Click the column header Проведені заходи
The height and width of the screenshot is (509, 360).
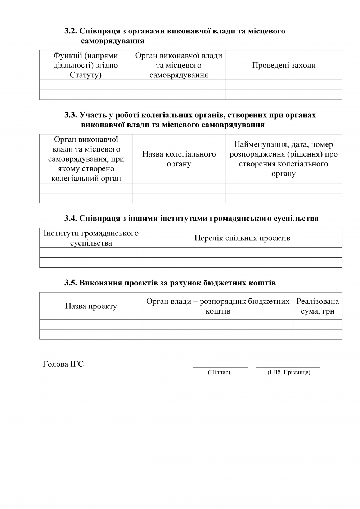coord(284,65)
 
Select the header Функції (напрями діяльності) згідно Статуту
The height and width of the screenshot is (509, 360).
coord(86,65)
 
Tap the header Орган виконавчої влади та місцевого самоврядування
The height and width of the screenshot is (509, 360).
coord(179,65)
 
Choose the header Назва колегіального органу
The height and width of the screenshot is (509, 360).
coord(179,159)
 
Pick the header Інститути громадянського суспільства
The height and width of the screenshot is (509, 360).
coord(91,238)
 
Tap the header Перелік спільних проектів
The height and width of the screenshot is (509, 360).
coord(242,238)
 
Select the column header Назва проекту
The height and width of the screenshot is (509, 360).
coord(91,306)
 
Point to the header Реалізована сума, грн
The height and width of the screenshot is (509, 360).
coord(318,306)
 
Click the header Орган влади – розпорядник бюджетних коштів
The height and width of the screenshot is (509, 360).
coord(218,306)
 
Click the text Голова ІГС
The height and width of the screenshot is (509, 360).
coord(63,364)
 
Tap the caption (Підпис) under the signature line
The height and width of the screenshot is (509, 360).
coord(219,372)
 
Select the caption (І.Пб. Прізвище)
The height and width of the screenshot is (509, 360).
coord(289,372)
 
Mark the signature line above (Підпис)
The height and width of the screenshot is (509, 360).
coord(220,367)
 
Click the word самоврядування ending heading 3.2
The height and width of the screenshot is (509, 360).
coord(113,41)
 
